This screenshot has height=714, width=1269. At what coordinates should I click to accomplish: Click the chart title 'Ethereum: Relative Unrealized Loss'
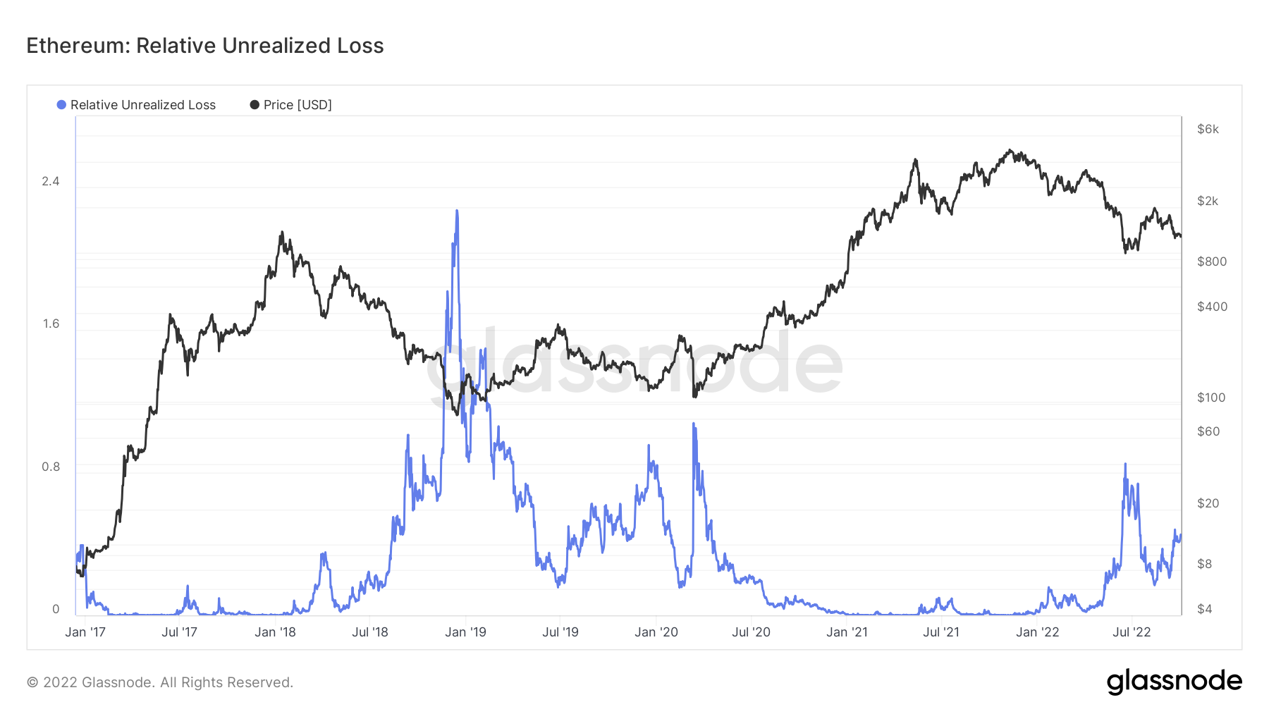point(205,46)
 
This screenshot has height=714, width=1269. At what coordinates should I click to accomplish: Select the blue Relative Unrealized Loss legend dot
point(61,105)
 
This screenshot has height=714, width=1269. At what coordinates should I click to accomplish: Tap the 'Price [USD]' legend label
point(298,105)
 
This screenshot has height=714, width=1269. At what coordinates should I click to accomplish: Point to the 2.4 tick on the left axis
point(51,182)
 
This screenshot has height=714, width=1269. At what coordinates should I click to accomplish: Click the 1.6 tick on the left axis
point(51,324)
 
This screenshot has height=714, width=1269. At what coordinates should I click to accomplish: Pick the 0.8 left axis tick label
point(51,467)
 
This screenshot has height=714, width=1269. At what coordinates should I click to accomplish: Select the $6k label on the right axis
point(1208,129)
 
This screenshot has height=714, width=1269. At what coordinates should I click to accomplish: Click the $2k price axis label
point(1208,201)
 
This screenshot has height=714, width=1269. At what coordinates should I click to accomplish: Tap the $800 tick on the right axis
point(1212,261)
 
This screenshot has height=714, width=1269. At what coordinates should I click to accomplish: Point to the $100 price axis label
point(1211,398)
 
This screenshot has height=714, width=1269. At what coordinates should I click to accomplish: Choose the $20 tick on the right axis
point(1208,503)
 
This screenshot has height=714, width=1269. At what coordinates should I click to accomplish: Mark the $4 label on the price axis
point(1205,609)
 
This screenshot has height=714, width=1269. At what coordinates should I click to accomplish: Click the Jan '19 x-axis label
point(465,632)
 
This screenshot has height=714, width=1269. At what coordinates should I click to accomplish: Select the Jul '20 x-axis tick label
point(751,632)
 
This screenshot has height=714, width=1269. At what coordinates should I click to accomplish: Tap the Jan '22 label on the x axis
point(1037,632)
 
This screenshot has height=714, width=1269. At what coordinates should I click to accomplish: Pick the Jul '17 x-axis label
point(179,632)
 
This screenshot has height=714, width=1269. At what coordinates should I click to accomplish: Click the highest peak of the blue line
point(457,211)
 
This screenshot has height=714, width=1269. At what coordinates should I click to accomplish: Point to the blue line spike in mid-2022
point(1125,464)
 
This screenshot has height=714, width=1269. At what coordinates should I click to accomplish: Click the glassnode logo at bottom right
point(1174,682)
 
